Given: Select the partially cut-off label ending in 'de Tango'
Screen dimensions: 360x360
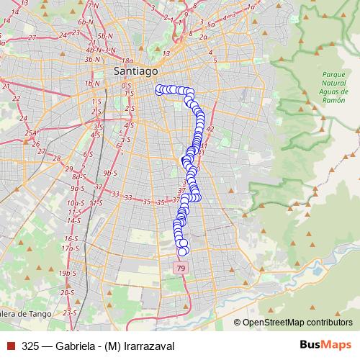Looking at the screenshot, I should point(27,313).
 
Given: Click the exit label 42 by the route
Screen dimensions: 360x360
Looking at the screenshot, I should point(210,128).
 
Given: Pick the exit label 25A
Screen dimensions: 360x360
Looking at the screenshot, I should point(30,133).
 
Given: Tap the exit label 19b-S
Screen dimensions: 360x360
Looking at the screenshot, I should point(66,273).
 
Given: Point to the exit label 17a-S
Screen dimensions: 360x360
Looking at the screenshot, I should point(70,248).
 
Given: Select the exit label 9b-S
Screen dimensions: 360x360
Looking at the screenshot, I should point(110,173).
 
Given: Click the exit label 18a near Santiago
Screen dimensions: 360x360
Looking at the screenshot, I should point(129,61).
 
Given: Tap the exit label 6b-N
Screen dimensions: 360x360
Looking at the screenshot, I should point(86,23).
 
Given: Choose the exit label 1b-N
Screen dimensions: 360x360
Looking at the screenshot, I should point(91,84).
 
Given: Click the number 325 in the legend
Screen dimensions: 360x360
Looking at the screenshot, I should point(30,346).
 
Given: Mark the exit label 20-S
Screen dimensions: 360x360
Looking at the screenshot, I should point(67,293).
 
